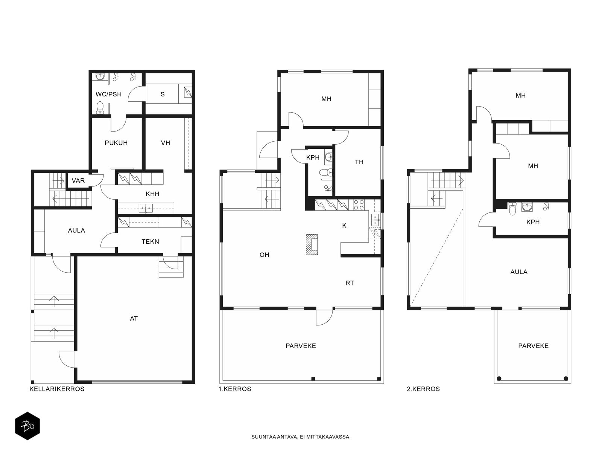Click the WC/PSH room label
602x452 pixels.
[108, 94]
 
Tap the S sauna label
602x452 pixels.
[163, 94]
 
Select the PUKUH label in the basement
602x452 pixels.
[116, 143]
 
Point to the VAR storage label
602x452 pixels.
[78, 180]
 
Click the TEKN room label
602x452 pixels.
[150, 241]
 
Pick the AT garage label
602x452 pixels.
[134, 318]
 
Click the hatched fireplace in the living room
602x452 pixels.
[312, 244]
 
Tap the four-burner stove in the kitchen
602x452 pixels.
[359, 205]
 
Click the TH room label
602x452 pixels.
[359, 162]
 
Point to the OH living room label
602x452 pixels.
[264, 255]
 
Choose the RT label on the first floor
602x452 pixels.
[350, 283]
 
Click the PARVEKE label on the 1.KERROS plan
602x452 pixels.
[301, 346]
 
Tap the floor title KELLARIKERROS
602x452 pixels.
[57, 389]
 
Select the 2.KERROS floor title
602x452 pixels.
[423, 389]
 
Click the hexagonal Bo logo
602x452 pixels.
[27, 426]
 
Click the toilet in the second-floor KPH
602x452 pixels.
[512, 209]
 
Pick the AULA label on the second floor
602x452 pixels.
[518, 272]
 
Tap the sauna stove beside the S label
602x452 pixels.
[188, 93]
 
